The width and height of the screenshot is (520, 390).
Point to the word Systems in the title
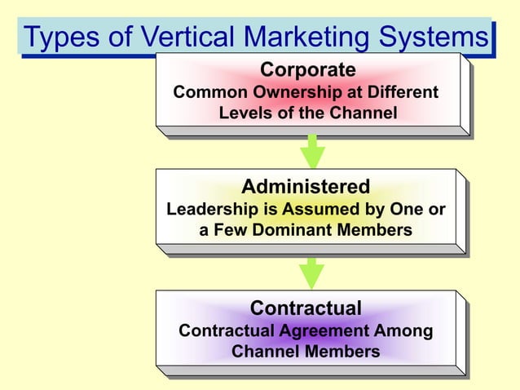click(x=441, y=38)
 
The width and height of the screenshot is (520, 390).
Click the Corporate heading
click(x=307, y=69)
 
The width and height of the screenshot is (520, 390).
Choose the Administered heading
click(x=306, y=186)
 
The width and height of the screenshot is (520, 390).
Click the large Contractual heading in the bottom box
click(x=306, y=308)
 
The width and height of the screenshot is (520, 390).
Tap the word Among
click(x=403, y=331)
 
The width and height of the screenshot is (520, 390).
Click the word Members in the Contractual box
click(x=339, y=352)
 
